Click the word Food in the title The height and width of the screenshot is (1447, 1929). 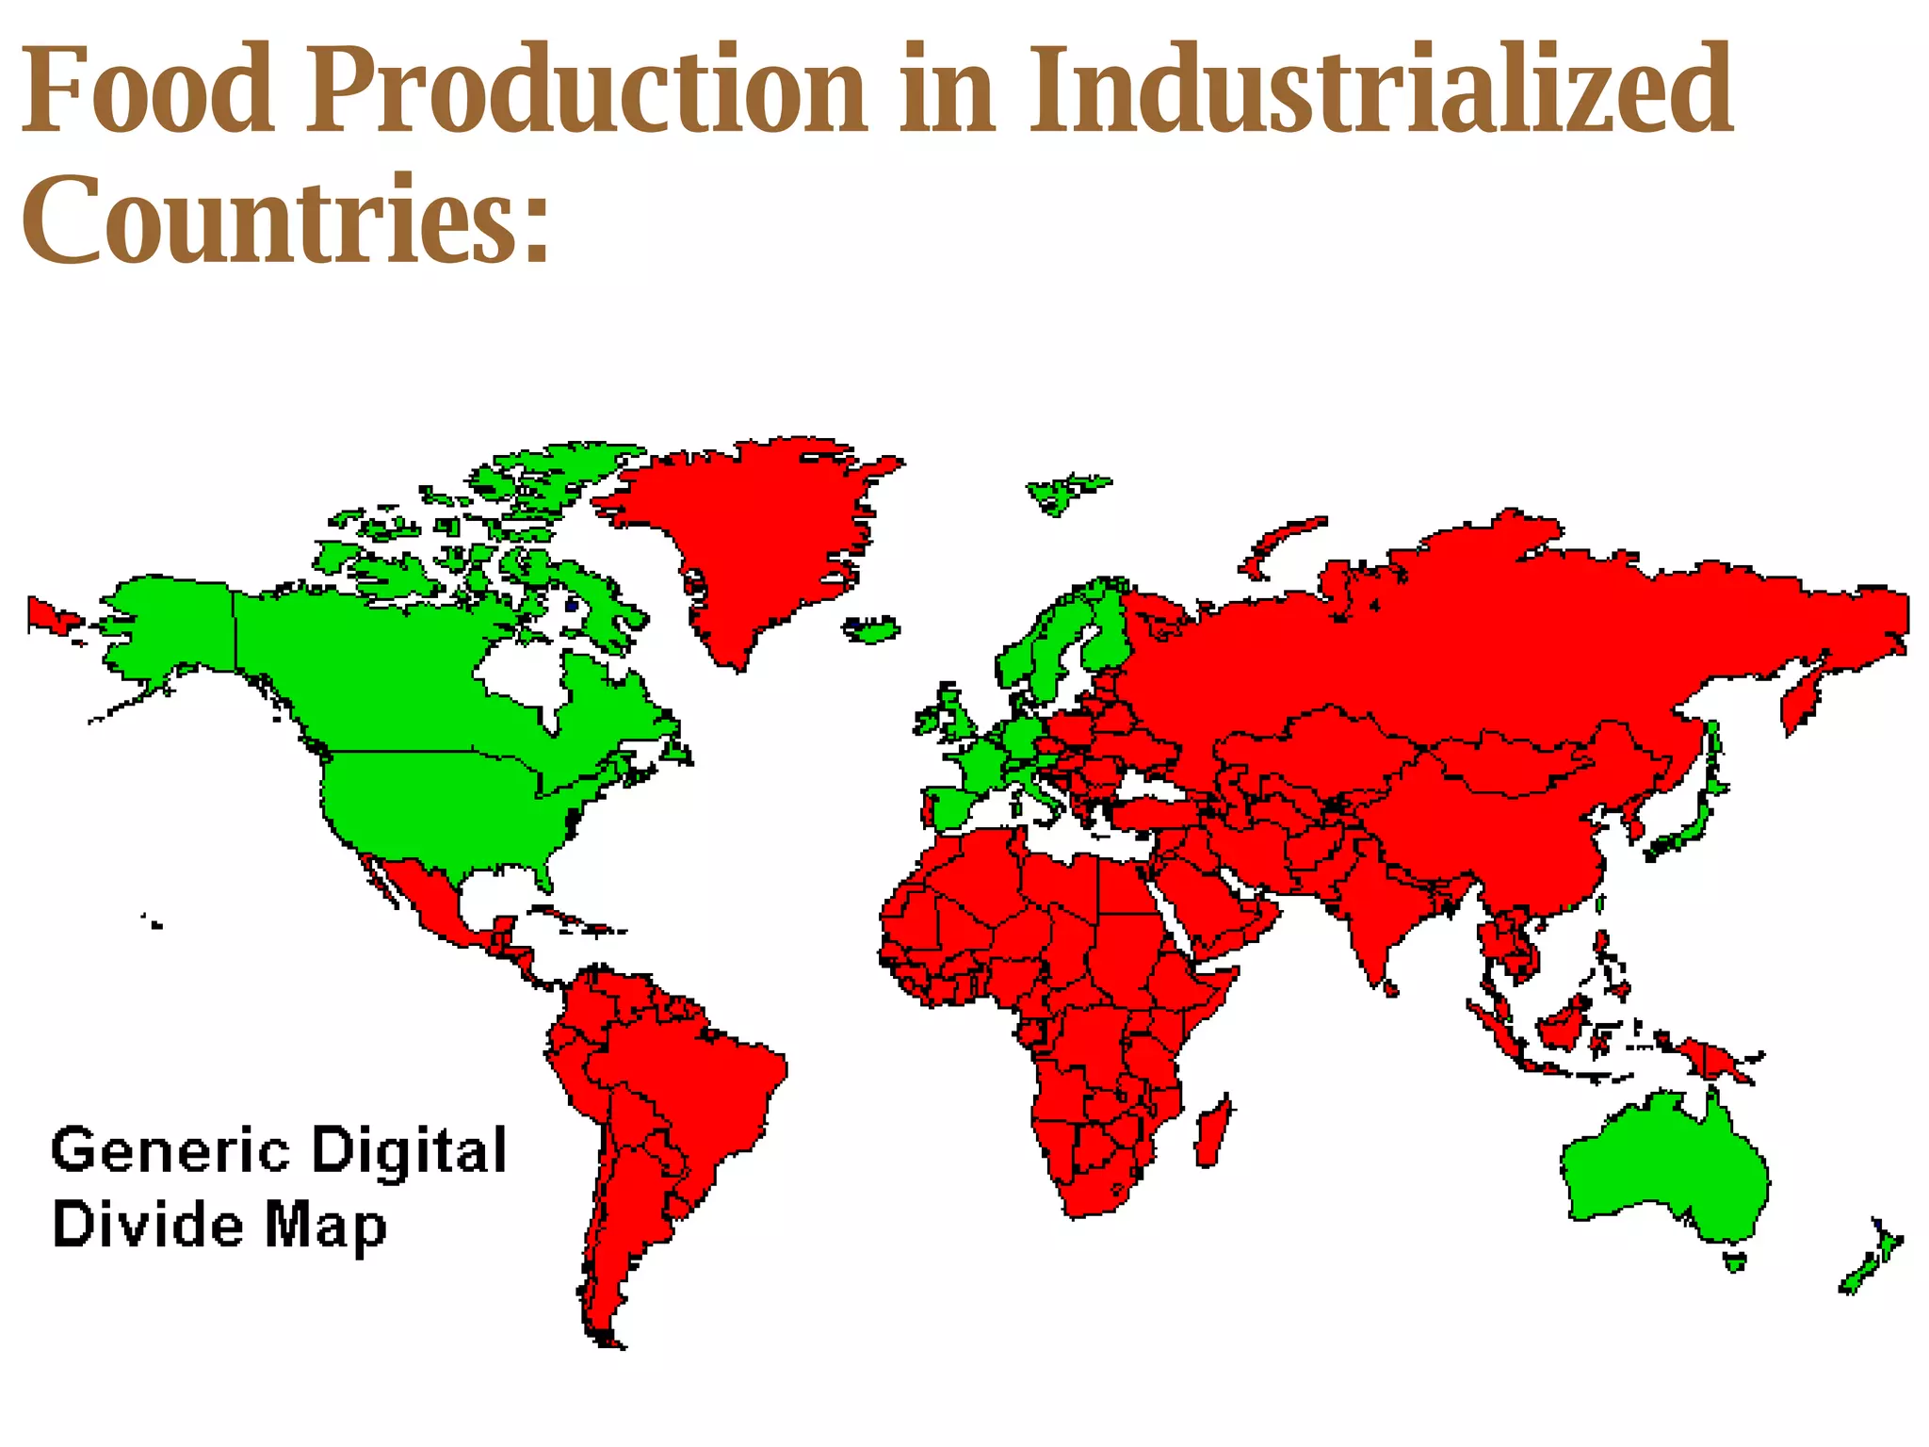pyautogui.click(x=147, y=89)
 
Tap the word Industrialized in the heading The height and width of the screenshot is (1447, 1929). pyautogui.click(x=1380, y=89)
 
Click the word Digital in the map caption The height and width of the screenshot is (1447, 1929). pyautogui.click(x=410, y=1152)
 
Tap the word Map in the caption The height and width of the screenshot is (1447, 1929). pyautogui.click(x=325, y=1228)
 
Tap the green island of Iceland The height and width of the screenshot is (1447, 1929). pyautogui.click(x=872, y=629)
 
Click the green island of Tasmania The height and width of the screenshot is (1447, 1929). pyautogui.click(x=1734, y=1260)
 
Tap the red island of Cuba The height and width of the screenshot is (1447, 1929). pyautogui.click(x=575, y=920)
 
